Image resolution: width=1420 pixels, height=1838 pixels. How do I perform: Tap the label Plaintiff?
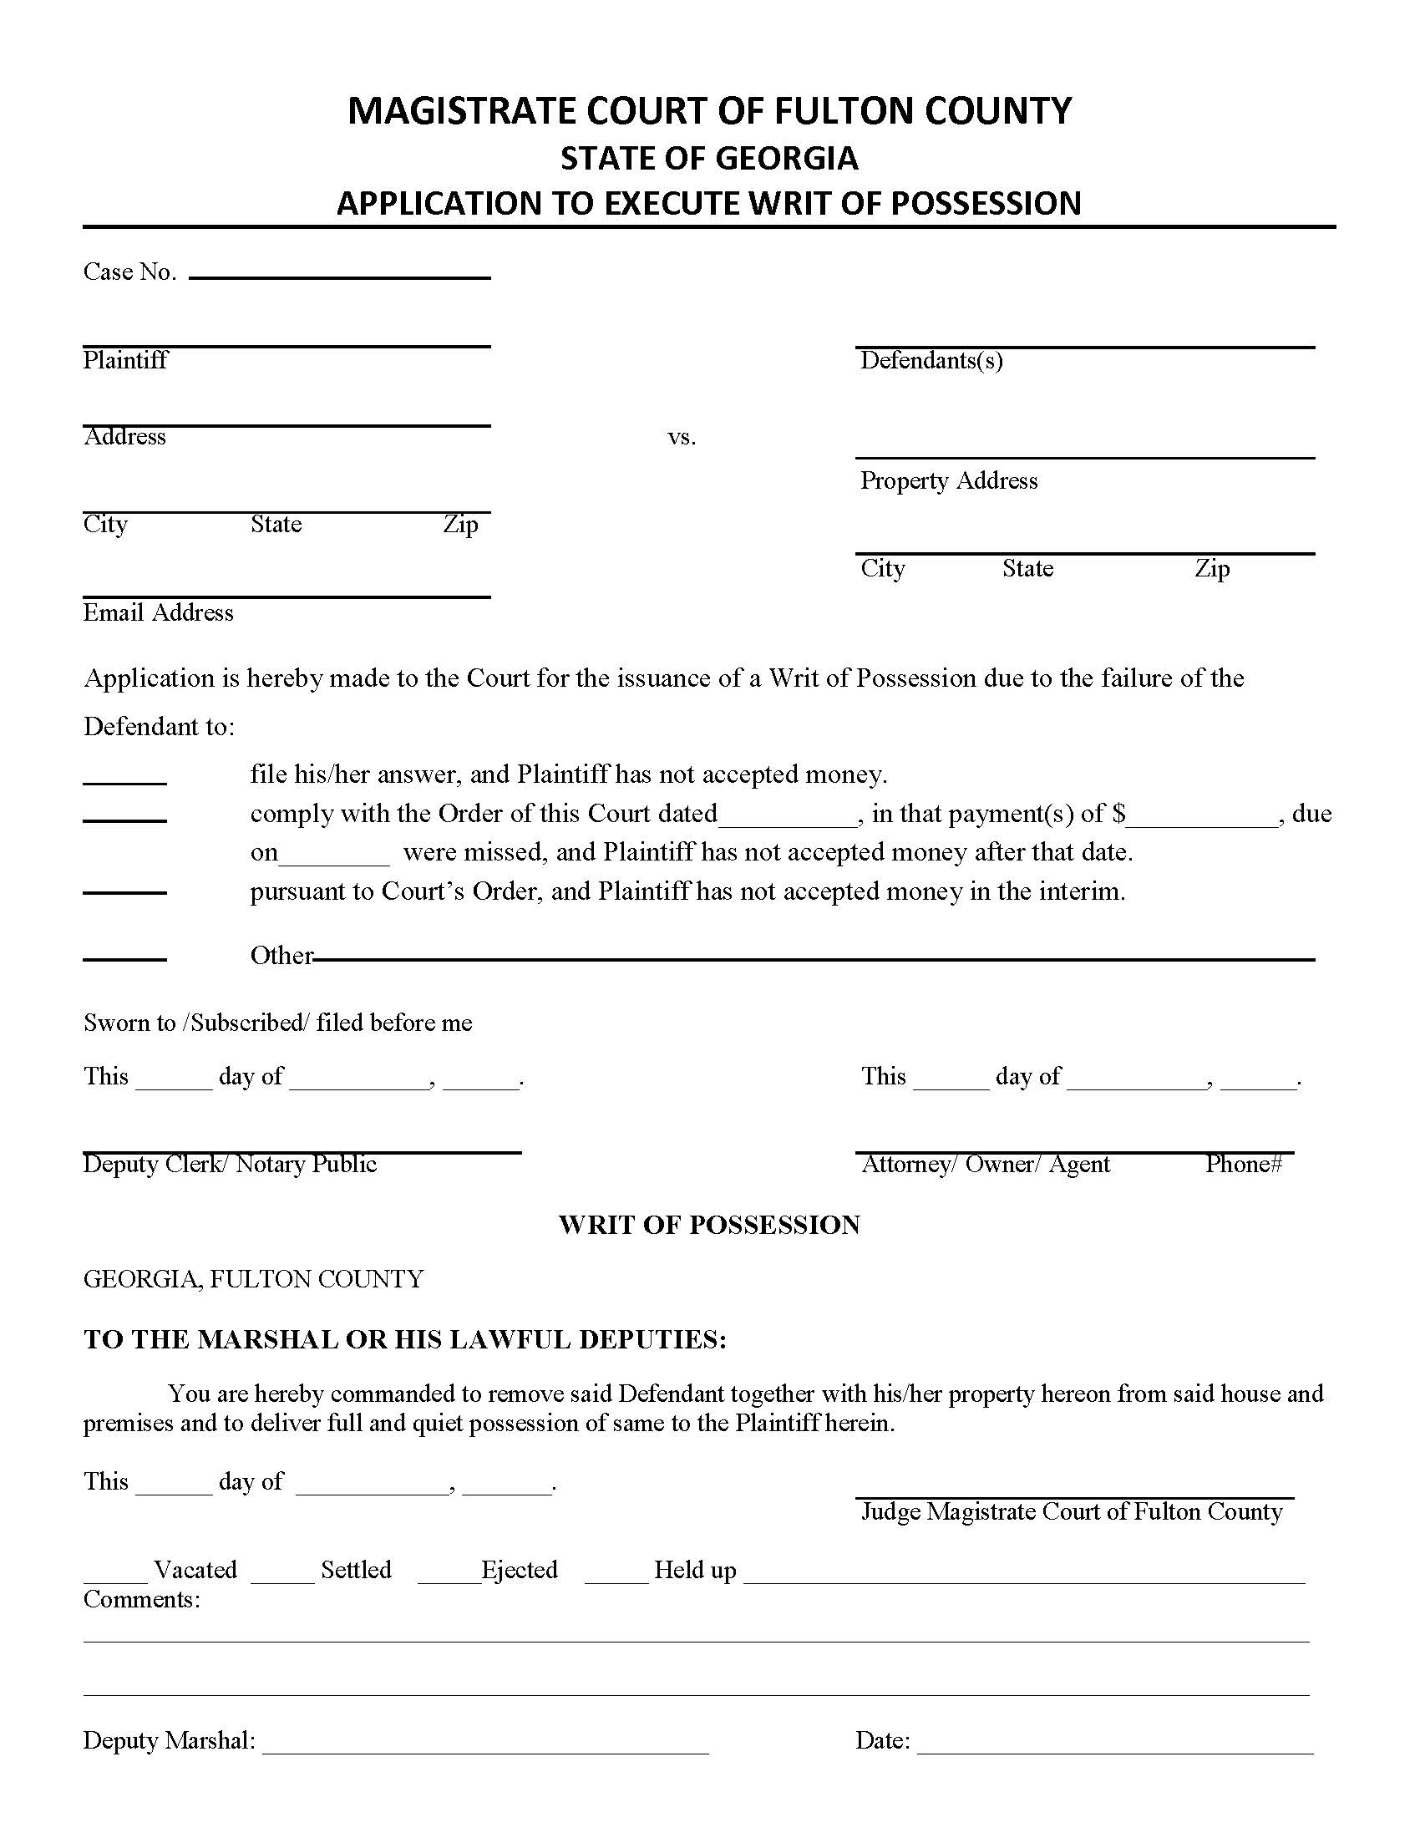pyautogui.click(x=125, y=361)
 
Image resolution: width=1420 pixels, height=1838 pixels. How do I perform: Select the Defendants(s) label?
pyautogui.click(x=931, y=361)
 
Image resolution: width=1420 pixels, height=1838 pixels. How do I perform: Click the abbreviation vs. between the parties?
pyautogui.click(x=682, y=437)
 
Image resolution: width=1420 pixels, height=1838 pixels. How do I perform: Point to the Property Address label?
pyautogui.click(x=949, y=480)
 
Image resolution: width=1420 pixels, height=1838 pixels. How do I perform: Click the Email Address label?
pyautogui.click(x=158, y=612)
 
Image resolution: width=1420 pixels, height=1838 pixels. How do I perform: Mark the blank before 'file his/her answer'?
pyautogui.click(x=124, y=780)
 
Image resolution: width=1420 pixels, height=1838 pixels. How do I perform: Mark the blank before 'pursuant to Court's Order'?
pyautogui.click(x=124, y=891)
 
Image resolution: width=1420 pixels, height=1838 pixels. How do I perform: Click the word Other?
pyautogui.click(x=281, y=956)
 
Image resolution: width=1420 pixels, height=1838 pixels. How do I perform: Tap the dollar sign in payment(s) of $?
pyautogui.click(x=1118, y=814)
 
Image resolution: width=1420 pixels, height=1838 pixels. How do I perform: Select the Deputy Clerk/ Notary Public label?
pyautogui.click(x=230, y=1165)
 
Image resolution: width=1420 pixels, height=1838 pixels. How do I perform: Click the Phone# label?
pyautogui.click(x=1244, y=1165)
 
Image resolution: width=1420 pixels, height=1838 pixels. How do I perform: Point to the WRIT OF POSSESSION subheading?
pyautogui.click(x=709, y=1226)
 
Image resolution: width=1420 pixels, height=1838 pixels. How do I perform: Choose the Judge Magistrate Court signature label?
pyautogui.click(x=1072, y=1512)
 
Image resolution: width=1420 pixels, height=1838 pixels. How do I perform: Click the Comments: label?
pyautogui.click(x=141, y=1600)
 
